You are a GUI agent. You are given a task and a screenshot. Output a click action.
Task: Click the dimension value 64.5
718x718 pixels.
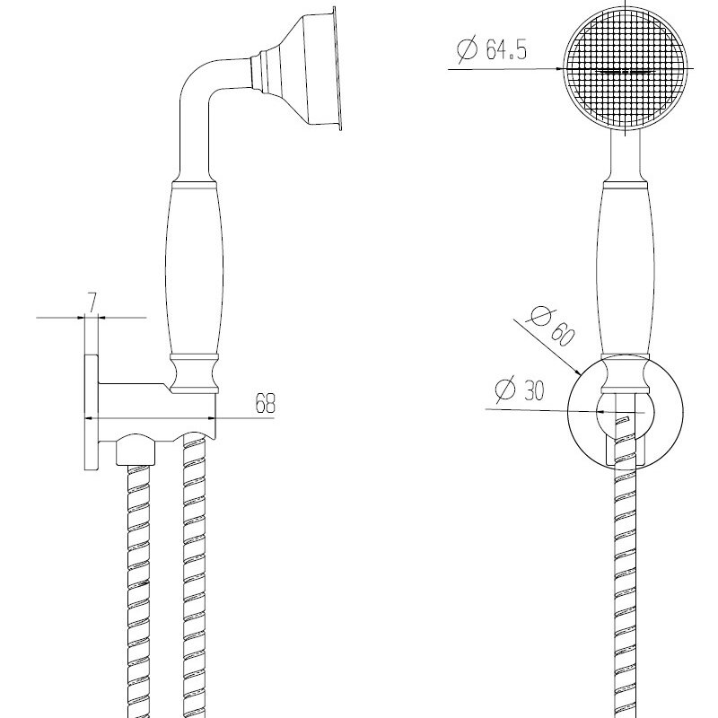tap(506, 49)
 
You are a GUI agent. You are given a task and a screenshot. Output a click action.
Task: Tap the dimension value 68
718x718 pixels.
tap(265, 403)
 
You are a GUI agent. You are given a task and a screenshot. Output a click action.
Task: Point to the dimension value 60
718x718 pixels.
tap(563, 334)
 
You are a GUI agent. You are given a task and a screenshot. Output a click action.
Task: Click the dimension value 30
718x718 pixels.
tap(532, 390)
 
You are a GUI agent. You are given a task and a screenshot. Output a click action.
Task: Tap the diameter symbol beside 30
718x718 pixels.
tap(505, 390)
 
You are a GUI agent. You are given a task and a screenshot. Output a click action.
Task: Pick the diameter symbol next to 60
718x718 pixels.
tap(539, 315)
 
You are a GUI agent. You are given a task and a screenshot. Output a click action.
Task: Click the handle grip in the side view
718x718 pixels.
tap(194, 270)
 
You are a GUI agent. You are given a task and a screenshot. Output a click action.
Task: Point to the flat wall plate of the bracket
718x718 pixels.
tap(92, 412)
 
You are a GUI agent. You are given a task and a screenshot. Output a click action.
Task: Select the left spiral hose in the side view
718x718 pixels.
tap(138, 591)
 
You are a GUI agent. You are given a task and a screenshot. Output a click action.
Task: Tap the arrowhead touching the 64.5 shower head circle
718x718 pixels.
tap(557, 69)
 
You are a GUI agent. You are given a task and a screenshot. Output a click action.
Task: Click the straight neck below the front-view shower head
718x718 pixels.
tap(626, 153)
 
